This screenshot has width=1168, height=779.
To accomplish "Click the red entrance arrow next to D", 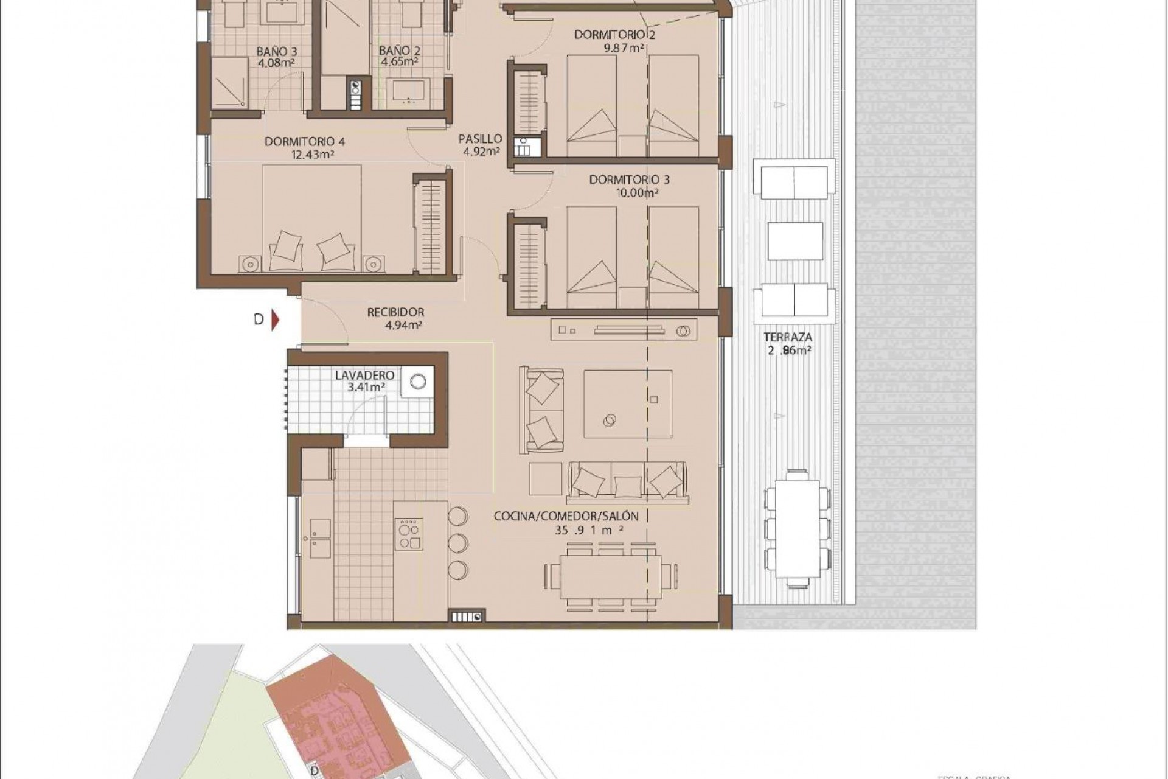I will pyautogui.click(x=275, y=320).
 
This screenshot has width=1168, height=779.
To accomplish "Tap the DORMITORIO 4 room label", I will pyautogui.click(x=305, y=142).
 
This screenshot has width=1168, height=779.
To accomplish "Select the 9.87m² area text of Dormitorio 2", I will pyautogui.click(x=624, y=48).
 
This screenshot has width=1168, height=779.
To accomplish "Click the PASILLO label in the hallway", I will pyautogui.click(x=480, y=139).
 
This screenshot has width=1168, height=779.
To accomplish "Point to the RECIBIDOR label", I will pyautogui.click(x=395, y=312).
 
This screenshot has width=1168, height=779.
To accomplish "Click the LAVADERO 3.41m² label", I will pyautogui.click(x=365, y=381).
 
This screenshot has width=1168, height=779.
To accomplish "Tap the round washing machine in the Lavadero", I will pyautogui.click(x=418, y=382).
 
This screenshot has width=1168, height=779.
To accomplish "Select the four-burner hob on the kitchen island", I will pyautogui.click(x=409, y=534).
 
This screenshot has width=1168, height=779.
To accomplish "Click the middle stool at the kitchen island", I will pyautogui.click(x=457, y=543).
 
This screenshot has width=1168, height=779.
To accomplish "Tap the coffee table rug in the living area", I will pyautogui.click(x=627, y=403).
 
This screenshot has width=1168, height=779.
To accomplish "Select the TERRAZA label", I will pyautogui.click(x=789, y=337).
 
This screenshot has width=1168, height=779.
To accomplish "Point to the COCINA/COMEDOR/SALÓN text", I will pyautogui.click(x=566, y=517).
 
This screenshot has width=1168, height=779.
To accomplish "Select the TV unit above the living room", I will pyautogui.click(x=624, y=330).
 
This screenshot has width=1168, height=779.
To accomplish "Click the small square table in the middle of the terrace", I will pyautogui.click(x=796, y=241).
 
